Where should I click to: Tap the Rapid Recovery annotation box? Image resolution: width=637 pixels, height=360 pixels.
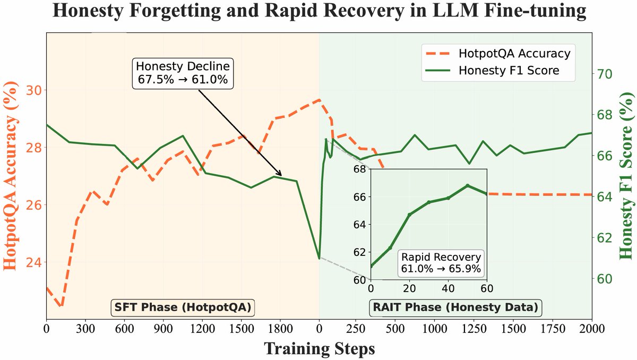click(441, 263)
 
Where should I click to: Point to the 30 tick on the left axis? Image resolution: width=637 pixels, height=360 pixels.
click(33, 90)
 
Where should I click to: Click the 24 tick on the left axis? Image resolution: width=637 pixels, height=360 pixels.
click(33, 262)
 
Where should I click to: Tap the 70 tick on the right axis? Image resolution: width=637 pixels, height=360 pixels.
click(606, 74)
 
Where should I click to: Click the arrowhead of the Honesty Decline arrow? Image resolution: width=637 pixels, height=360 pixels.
click(281, 175)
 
